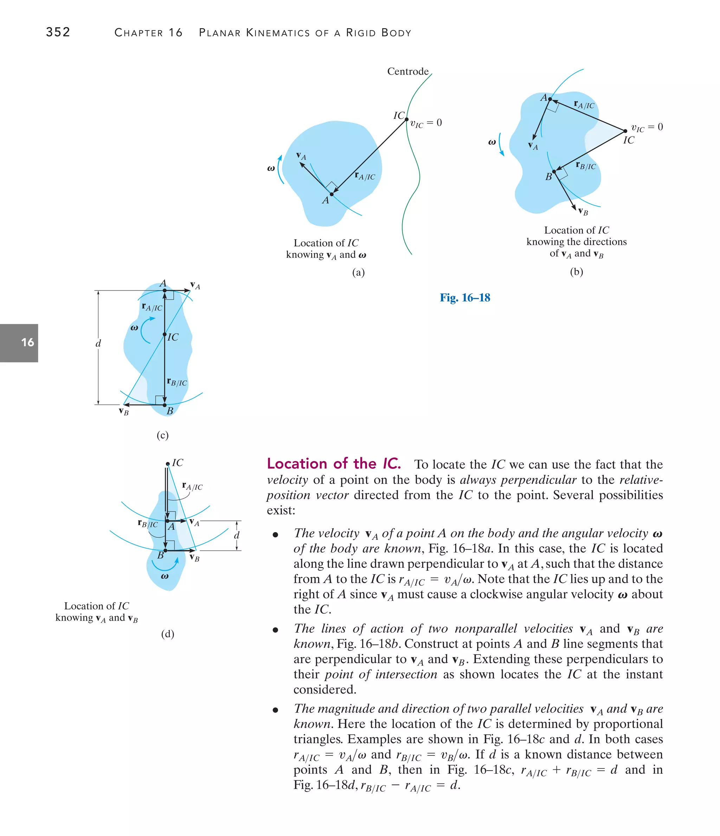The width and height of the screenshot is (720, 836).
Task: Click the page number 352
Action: click(58, 32)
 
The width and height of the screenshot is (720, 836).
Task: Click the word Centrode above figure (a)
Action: click(407, 71)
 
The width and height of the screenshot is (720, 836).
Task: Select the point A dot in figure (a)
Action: click(332, 194)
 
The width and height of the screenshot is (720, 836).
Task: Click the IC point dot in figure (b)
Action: click(625, 131)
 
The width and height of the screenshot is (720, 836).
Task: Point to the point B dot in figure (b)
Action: click(554, 172)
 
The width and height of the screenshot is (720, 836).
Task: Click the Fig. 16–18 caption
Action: click(465, 298)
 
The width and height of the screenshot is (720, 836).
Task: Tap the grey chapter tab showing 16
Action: click(19, 343)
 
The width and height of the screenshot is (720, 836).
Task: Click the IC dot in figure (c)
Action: click(165, 334)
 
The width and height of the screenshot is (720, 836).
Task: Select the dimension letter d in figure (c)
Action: click(98, 343)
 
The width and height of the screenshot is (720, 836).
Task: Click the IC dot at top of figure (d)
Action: click(168, 464)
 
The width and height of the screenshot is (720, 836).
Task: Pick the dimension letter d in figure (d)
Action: click(237, 535)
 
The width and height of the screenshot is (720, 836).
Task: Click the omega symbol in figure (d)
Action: click(165, 576)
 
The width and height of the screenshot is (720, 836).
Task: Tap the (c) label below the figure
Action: click(162, 435)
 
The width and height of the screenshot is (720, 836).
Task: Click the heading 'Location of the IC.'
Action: click(334, 464)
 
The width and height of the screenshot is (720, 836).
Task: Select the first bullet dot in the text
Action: click(276, 535)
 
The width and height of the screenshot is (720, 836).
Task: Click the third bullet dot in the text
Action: click(276, 710)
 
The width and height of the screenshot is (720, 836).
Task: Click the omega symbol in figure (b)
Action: click(492, 142)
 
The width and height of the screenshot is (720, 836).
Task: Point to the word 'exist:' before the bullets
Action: click(281, 510)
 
